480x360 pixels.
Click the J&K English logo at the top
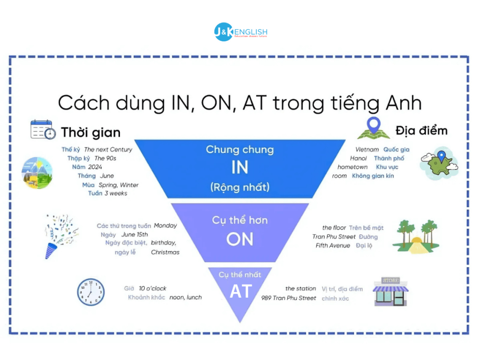[240, 32]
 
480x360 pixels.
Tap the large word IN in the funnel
[240, 168]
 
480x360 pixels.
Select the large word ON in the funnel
[240, 239]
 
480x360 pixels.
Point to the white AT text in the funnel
[240, 292]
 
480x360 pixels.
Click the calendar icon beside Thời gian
[43, 129]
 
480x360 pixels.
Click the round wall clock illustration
[90, 292]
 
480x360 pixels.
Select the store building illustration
[390, 292]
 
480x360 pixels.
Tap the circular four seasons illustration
[37, 172]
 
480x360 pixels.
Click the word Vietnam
[367, 150]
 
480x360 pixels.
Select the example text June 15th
[135, 234]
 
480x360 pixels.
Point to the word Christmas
[165, 252]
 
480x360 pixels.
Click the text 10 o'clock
[152, 288]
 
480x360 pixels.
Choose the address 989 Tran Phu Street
[289, 298]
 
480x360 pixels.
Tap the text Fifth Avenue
[333, 245]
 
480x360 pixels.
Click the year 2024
[94, 167]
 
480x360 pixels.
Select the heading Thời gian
[90, 133]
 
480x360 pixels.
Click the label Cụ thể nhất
[240, 275]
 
